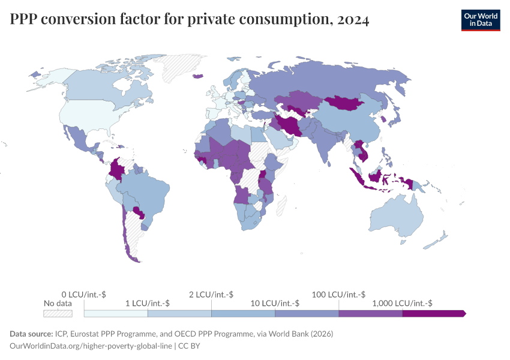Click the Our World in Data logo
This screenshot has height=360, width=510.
[x=480, y=20]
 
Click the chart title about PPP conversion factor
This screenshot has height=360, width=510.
[x=190, y=20]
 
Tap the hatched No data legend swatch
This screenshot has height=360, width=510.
[x=58, y=313]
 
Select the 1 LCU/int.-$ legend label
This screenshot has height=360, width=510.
[x=147, y=303]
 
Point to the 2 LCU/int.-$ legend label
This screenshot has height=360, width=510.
[x=211, y=294]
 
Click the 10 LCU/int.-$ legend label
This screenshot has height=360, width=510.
[x=275, y=303]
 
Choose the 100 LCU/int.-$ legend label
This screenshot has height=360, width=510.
[x=338, y=294]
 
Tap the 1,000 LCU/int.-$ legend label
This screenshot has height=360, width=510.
[x=402, y=303]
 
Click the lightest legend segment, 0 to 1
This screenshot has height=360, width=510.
[x=116, y=313]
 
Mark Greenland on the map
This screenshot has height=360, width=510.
[x=180, y=66]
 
